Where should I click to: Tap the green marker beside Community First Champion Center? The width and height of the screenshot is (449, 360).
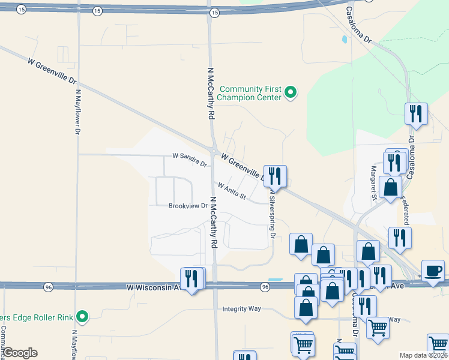(x=291, y=92)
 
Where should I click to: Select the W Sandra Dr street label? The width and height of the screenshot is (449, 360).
(x=189, y=159)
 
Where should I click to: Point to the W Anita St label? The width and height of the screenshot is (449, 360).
(x=232, y=191)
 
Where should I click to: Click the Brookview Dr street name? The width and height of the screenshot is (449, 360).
(x=188, y=206)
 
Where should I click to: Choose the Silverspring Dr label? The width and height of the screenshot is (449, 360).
(x=271, y=215)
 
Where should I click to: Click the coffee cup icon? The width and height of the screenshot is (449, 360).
(x=433, y=270)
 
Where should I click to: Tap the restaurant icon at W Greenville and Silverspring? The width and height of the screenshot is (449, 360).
(x=275, y=176)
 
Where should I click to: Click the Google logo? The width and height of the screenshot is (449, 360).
(x=20, y=353)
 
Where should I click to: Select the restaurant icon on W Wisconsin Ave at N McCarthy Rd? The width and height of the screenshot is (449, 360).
(x=191, y=278)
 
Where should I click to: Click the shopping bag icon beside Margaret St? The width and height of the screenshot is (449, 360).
(x=391, y=187)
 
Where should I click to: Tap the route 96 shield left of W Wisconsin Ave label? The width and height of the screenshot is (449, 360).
(x=47, y=288)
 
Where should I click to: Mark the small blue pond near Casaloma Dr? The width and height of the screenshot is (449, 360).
(x=344, y=41)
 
